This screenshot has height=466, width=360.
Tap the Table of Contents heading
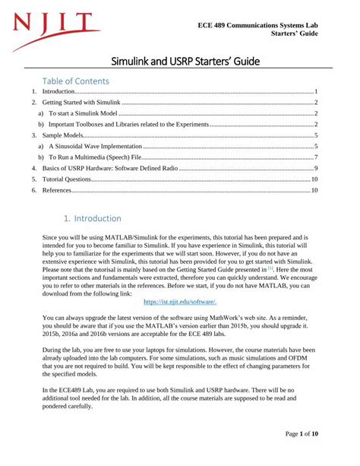pyautogui.click(x=76, y=81)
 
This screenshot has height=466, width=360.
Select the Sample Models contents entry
pyautogui.click(x=62, y=135)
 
